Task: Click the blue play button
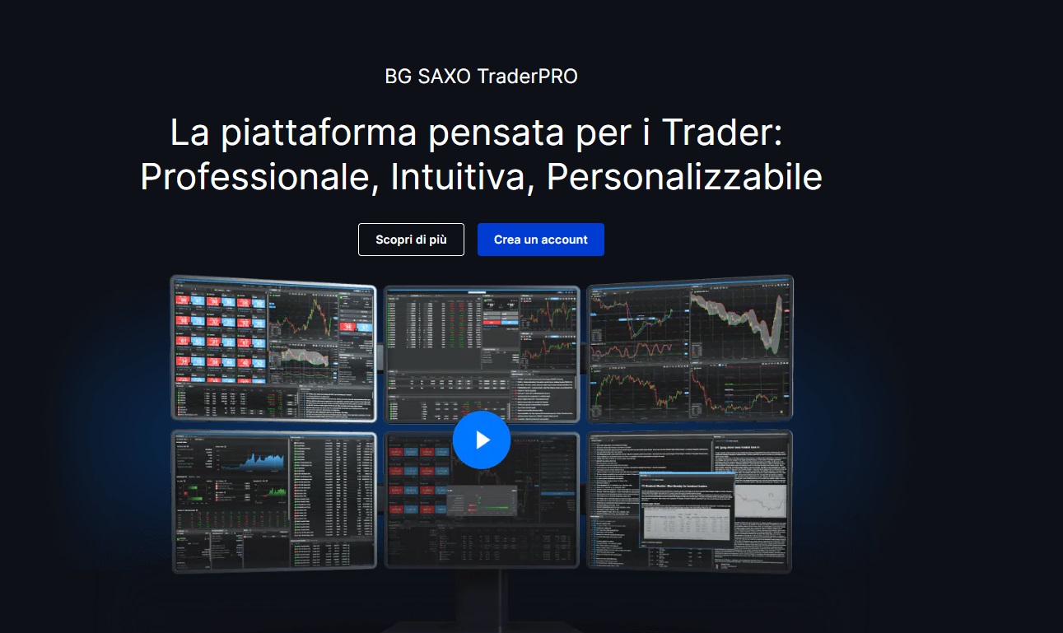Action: (x=482, y=440)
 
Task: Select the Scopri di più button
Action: (x=411, y=240)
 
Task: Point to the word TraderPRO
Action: (x=527, y=77)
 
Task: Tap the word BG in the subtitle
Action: (x=396, y=77)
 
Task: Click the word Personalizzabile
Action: (x=684, y=178)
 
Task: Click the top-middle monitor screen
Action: (x=482, y=346)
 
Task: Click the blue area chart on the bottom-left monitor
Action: (x=256, y=461)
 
